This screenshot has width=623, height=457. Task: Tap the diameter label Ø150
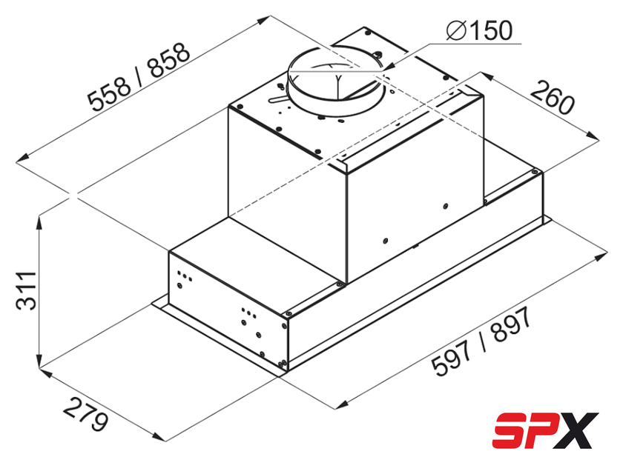tap(479, 30)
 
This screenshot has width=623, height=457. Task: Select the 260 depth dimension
tap(553, 97)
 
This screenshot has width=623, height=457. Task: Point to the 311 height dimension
tap(26, 290)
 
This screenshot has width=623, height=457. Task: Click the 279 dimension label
tap(85, 416)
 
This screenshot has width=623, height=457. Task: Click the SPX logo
tap(545, 430)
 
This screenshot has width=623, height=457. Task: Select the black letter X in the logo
tap(578, 430)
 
